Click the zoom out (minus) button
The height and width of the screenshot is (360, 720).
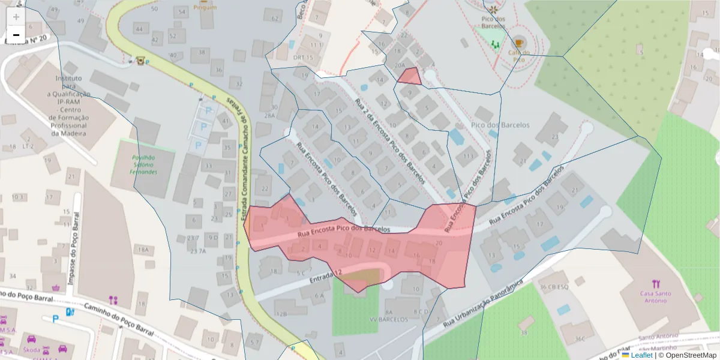16,35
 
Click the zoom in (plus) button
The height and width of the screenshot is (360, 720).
16,17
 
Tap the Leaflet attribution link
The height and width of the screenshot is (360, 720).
641,355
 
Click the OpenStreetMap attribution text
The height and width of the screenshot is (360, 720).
691,355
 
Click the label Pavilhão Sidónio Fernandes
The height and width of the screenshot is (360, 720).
144,163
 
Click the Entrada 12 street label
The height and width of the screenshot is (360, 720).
326,276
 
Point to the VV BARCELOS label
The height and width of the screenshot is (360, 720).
389,320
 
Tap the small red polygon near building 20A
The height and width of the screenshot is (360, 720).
410,76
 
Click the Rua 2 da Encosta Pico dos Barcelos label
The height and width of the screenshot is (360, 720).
390,141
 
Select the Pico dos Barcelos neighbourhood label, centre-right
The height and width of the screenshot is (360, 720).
500,125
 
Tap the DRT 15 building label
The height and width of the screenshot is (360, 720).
304,58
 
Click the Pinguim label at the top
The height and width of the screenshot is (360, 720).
205,7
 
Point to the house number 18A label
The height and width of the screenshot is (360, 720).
143,249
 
